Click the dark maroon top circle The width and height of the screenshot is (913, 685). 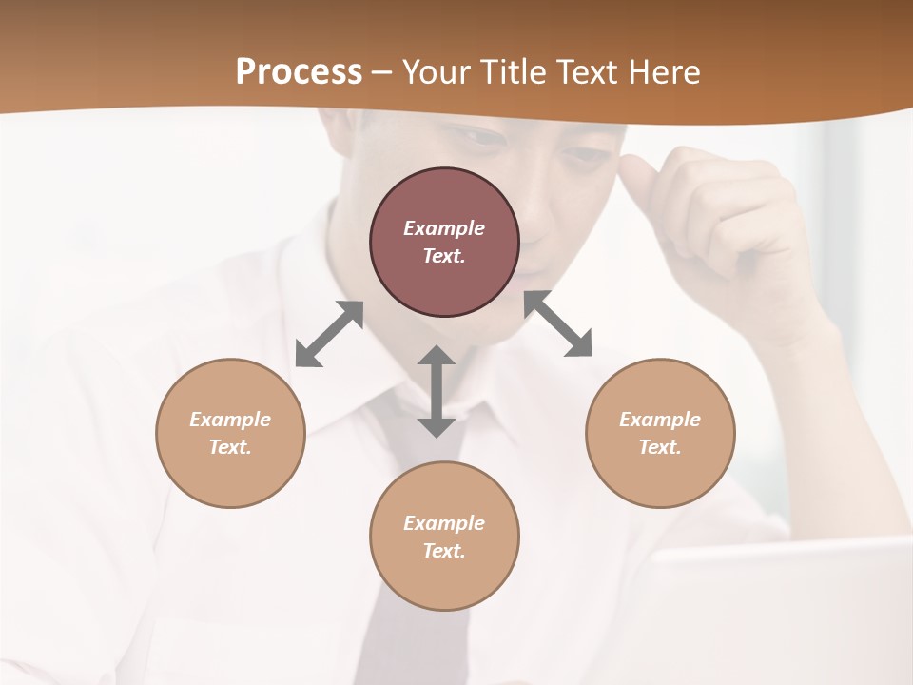(x=444, y=243)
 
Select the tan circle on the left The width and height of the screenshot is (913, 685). (x=230, y=433)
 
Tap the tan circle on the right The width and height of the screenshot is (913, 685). (x=660, y=433)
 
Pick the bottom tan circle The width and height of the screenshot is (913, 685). (x=444, y=537)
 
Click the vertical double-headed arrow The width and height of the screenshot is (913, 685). (x=437, y=391)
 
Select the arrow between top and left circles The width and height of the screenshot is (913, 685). (x=329, y=334)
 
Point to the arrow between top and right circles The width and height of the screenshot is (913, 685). (x=557, y=324)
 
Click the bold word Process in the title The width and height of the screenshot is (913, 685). (x=299, y=71)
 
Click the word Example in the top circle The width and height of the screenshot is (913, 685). (x=444, y=228)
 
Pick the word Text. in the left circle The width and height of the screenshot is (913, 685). (x=230, y=447)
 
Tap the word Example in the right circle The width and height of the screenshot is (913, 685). (x=660, y=420)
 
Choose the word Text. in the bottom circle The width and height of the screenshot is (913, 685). (x=444, y=551)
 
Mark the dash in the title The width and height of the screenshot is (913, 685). (x=382, y=72)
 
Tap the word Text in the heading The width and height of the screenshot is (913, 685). (x=588, y=71)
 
